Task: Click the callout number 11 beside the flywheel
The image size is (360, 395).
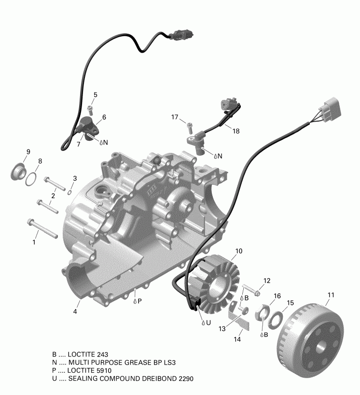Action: (x=331, y=295)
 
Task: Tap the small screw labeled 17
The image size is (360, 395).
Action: (x=189, y=127)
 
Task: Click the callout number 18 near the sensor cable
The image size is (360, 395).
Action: (x=235, y=131)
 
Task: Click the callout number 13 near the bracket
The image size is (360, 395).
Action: (x=222, y=328)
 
